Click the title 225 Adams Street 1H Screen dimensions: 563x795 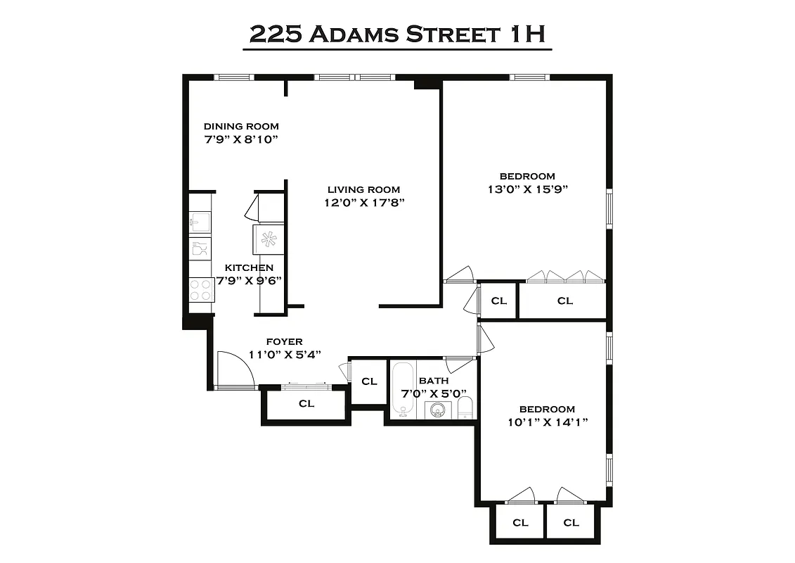pos(397,34)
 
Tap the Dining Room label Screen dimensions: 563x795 pos(241,126)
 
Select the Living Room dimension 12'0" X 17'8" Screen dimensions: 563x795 pos(363,203)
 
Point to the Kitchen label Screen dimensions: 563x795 pos(249,268)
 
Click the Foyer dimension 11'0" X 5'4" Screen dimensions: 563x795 pos(285,355)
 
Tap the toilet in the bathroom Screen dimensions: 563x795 pos(465,407)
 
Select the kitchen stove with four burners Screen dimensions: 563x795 pos(202,290)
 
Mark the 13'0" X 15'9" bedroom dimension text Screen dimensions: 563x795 pos(527,189)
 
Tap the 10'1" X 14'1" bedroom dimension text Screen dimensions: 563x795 pos(547,422)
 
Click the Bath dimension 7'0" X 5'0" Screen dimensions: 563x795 pos(433,393)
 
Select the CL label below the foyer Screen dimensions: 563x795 pos(306,404)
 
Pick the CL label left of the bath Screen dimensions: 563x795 pos(369,381)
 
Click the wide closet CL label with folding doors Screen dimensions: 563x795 pos(565,301)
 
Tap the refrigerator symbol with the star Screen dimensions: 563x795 pos(268,239)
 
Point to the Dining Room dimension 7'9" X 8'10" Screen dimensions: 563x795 pos(241,139)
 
